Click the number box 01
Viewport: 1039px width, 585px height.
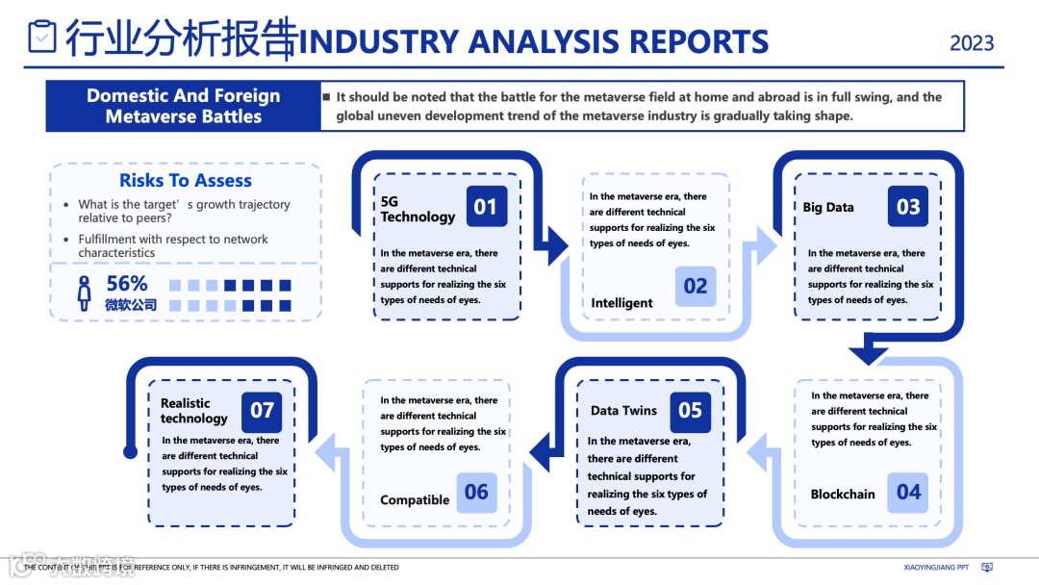pos(486,206)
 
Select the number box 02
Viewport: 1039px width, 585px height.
pos(696,286)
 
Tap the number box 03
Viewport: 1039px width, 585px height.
pos(908,206)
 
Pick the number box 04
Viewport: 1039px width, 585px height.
pos(908,493)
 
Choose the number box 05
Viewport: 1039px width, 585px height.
pos(690,411)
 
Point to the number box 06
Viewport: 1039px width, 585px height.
pos(476,493)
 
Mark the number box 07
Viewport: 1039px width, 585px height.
pos(262,411)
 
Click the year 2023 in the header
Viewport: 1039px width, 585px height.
pos(972,43)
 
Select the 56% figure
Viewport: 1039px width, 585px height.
pos(127,284)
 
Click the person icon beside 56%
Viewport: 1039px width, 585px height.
pos(85,292)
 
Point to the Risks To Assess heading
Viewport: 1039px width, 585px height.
pos(186,181)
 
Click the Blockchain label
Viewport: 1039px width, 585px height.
pos(843,495)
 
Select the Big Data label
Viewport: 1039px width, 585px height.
pos(828,207)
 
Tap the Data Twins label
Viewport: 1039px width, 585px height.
pos(623,411)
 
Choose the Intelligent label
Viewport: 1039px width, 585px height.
pos(621,303)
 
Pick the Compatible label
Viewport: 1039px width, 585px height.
pos(415,500)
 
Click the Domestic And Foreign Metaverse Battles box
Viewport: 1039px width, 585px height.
pos(183,106)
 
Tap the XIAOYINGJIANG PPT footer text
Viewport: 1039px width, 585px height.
pos(936,568)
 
